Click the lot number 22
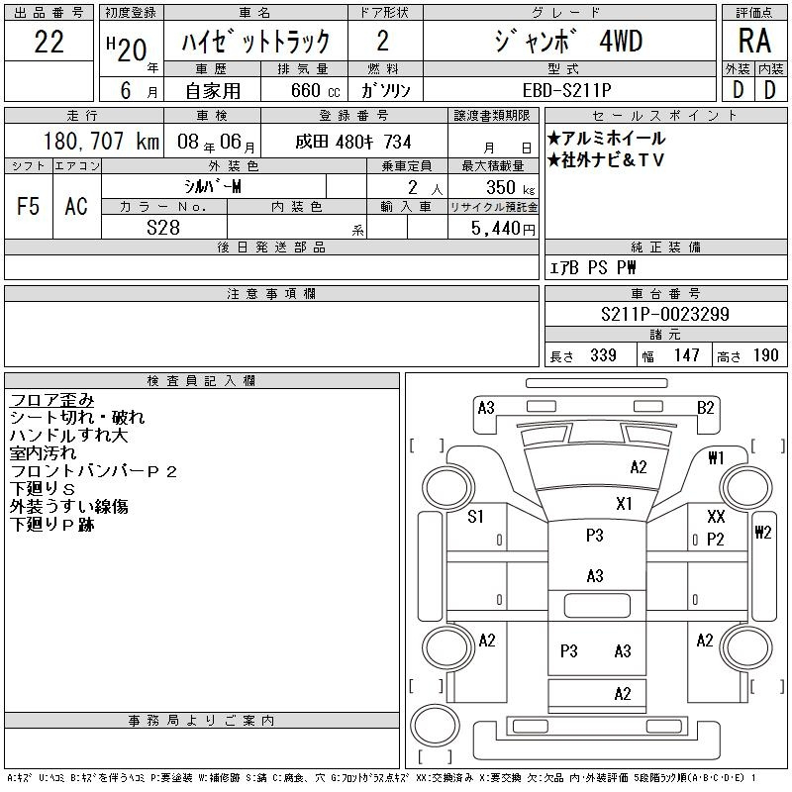49,43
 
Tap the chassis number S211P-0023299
665,315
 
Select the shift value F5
30,206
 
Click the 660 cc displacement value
301,88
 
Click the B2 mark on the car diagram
705,407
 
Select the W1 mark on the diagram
717,457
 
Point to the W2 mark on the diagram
762,533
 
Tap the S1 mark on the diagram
476,516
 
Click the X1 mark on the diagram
624,503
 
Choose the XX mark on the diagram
716,517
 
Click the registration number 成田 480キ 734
353,142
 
